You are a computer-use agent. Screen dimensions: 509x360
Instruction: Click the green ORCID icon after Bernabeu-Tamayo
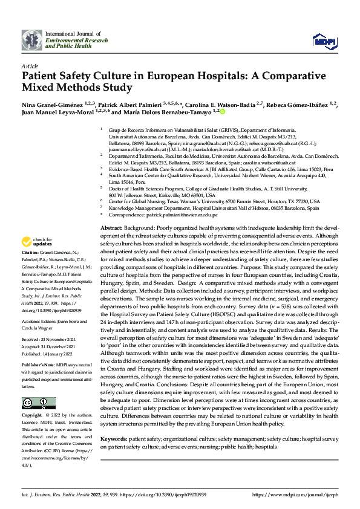[222, 112]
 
